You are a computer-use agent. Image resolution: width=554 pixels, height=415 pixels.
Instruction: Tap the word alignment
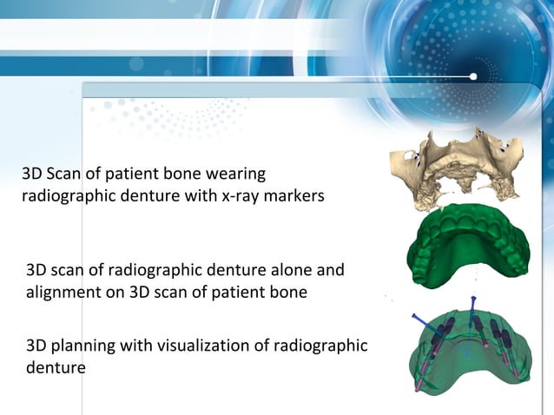pyautogui.click(x=62, y=293)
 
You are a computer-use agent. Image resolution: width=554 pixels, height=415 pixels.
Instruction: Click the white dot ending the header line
pyautogui.click(x=473, y=76)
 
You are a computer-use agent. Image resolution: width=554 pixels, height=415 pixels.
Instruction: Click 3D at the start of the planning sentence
pyautogui.click(x=38, y=346)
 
